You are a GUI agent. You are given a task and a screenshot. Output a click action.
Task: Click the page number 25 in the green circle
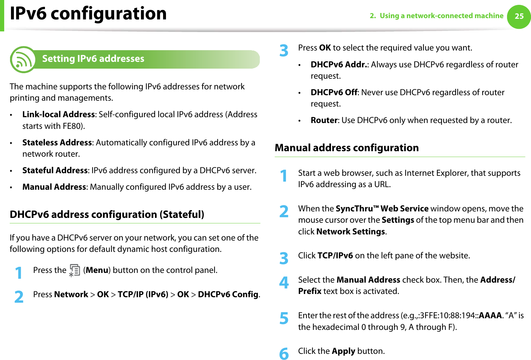(519, 16)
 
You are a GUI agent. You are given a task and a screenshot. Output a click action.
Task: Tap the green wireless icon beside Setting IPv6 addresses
(23, 60)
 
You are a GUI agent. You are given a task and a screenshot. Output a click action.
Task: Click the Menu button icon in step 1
(74, 270)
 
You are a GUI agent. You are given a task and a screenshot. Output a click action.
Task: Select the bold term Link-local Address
(58, 115)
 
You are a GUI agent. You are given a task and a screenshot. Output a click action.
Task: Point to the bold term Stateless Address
(57, 143)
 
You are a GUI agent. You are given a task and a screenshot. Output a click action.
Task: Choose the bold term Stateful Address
(55, 171)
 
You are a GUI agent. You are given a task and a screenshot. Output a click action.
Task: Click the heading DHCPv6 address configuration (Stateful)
(107, 215)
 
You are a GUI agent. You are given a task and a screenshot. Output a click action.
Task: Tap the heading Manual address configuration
(347, 148)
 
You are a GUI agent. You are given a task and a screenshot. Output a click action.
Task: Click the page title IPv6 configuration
(88, 14)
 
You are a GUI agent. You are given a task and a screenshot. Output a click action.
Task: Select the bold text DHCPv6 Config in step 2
(228, 295)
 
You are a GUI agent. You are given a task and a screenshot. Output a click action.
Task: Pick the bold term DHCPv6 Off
(334, 93)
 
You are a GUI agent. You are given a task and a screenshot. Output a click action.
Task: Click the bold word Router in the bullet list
(324, 120)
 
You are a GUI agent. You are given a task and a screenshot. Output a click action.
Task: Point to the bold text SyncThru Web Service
(382, 209)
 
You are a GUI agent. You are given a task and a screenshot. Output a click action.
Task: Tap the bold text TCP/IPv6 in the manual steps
(335, 256)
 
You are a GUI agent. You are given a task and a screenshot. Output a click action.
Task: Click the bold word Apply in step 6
(343, 351)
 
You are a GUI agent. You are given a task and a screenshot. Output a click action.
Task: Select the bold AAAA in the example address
(490, 316)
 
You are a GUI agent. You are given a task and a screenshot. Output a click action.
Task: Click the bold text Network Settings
(350, 232)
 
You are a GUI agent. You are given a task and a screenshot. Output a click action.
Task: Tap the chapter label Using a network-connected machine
(441, 16)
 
